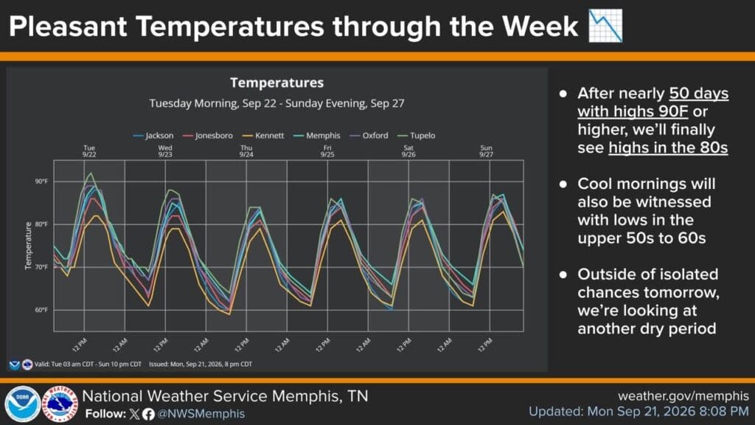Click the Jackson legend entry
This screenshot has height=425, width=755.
click(x=153, y=136)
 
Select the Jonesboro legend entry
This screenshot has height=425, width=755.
click(x=208, y=136)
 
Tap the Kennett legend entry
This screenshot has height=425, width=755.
click(x=263, y=136)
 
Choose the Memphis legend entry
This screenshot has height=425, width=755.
click(x=317, y=136)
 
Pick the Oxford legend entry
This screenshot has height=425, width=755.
click(x=369, y=136)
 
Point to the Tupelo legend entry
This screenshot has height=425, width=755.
click(x=417, y=136)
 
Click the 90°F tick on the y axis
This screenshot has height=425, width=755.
click(x=41, y=182)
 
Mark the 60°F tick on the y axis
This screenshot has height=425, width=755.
click(x=41, y=310)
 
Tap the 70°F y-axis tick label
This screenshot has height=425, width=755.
click(x=41, y=267)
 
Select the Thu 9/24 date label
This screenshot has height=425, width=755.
click(x=246, y=151)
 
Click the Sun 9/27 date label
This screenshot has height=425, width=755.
click(x=487, y=151)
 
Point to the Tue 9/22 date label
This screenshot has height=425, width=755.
click(x=89, y=151)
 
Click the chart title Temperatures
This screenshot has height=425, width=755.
click(x=277, y=83)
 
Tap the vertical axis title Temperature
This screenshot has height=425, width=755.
click(x=29, y=246)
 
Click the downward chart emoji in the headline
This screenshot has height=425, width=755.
click(x=606, y=26)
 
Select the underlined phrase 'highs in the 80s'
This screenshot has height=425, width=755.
click(x=668, y=148)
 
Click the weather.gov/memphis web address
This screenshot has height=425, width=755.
click(x=683, y=396)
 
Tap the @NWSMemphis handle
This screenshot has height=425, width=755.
click(x=201, y=414)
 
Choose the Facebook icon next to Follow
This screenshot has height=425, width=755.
click(x=148, y=414)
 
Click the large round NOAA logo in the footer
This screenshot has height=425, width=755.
click(x=22, y=404)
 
